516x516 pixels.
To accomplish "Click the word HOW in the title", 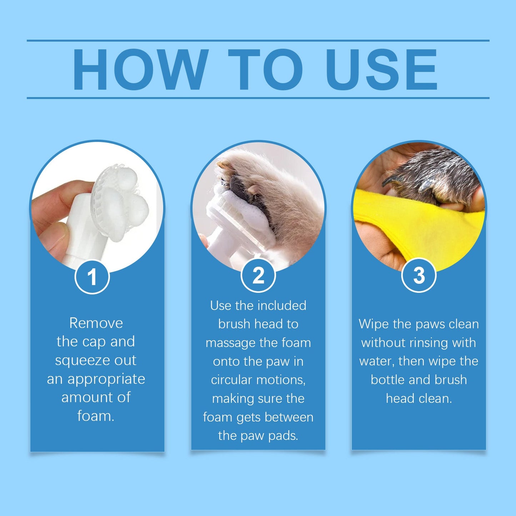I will click(x=140, y=70).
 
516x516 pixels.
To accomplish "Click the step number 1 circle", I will click(x=92, y=277).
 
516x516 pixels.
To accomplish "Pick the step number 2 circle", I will click(x=258, y=275).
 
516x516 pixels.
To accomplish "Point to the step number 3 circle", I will click(x=419, y=275).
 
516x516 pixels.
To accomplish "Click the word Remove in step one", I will click(x=96, y=323).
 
